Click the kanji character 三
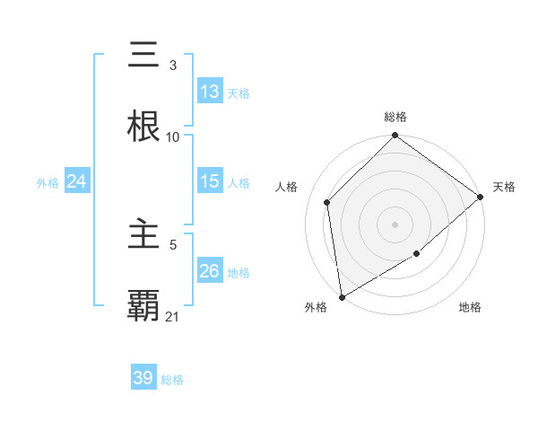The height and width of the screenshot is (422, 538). pos(144,56)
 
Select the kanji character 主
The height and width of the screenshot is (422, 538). pos(144,235)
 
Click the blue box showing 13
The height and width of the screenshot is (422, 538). pos(209,92)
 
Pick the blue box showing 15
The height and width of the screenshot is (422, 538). pos(209,181)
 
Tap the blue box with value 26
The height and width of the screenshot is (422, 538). pos(209,271)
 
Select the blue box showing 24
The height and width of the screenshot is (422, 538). pos(76,181)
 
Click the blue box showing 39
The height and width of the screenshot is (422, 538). pos(143,378)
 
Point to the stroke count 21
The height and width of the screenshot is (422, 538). pos(173,316)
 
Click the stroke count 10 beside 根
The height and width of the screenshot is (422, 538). pos(173,136)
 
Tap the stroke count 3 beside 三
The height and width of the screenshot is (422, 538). pos(172,65)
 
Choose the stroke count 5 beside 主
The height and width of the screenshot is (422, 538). pos(173,244)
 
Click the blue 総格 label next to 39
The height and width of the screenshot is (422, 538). pos(172,380)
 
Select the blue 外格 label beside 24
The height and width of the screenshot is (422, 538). pos(48,182)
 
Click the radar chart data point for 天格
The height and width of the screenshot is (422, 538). pos(481,197)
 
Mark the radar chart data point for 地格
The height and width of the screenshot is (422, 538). pos(417,254)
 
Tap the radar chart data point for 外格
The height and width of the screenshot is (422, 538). pos(342,296)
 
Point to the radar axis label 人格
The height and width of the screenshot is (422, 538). pos(287,187)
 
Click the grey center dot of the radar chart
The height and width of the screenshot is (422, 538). pos(395,224)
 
